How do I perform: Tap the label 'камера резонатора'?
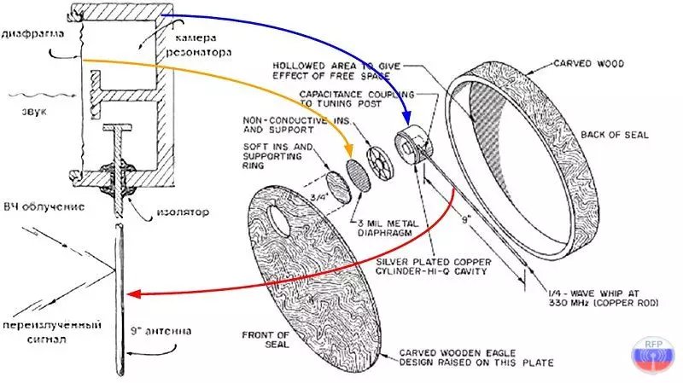[203, 45]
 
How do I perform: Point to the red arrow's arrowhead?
[131, 295]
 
